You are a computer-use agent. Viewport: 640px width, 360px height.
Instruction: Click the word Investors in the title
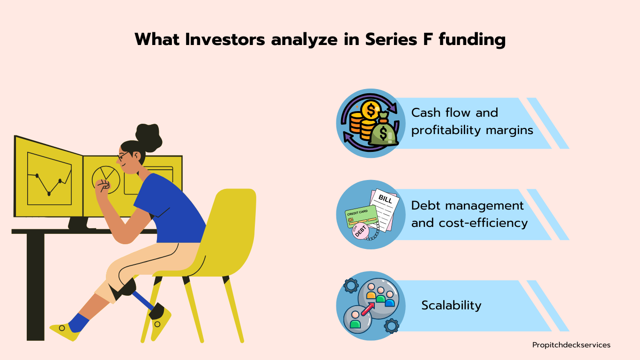point(225,39)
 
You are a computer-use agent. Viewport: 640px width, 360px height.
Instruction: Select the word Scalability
point(451,305)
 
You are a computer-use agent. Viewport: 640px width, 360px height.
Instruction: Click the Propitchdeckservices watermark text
point(571,345)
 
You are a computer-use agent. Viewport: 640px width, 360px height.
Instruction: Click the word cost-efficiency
point(483,223)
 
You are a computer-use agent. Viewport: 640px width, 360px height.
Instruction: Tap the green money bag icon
point(384,130)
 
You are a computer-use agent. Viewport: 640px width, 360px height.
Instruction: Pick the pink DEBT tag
point(360,231)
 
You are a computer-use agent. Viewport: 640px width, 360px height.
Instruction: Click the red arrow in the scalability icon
point(367,309)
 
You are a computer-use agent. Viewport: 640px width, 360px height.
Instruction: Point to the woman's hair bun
point(149,137)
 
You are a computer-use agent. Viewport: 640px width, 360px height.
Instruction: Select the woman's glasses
point(123,156)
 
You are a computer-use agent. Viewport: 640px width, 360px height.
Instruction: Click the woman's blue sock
point(78,322)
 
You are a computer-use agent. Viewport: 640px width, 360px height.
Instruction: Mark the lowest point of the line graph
point(49,194)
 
